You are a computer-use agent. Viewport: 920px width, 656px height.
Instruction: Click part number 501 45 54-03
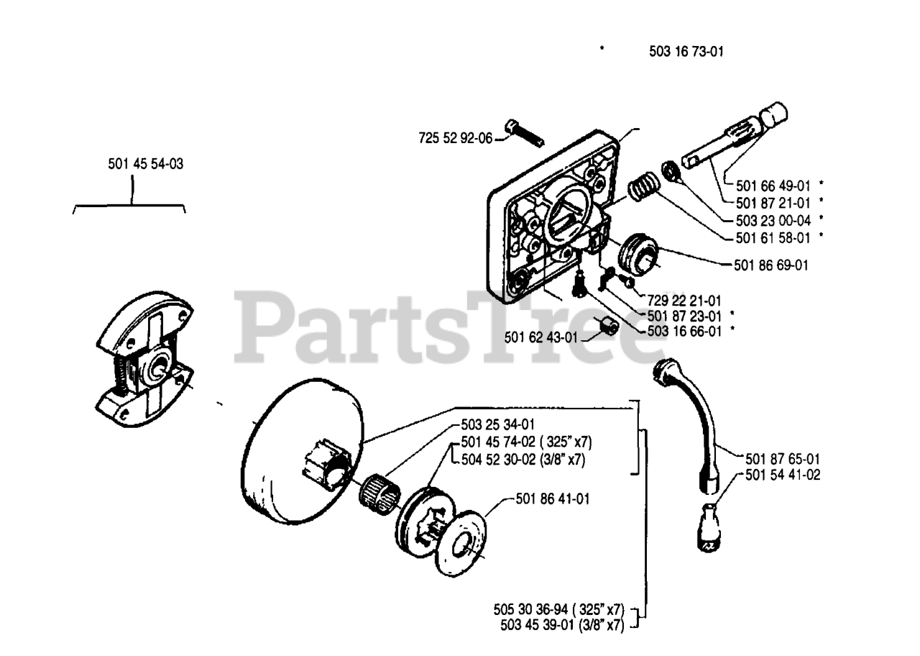[145, 164]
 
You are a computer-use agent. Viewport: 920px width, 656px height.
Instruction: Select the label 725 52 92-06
[455, 137]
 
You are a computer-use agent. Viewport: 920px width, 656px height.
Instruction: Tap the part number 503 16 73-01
[684, 51]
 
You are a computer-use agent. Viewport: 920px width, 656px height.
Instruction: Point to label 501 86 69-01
[771, 265]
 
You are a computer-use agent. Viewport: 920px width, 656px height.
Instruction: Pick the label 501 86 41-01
[553, 497]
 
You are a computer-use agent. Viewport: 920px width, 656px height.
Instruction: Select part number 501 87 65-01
[783, 457]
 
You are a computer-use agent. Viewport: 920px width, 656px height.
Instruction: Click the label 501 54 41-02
[783, 475]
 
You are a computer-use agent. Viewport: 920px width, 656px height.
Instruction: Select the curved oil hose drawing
[691, 424]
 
